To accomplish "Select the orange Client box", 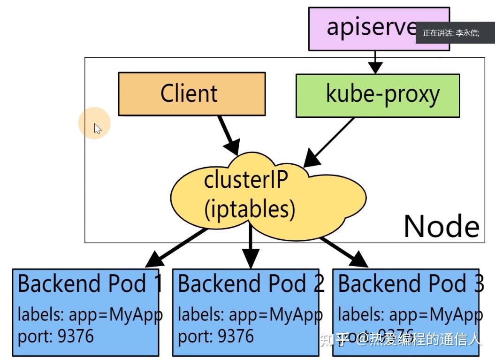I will pyautogui.click(x=191, y=93).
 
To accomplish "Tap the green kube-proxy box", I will pyautogui.click(x=378, y=95).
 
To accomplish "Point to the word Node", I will pyautogui.click(x=441, y=226).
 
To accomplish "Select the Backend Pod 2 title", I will pyautogui.click(x=251, y=283).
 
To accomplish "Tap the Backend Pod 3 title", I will pyautogui.click(x=411, y=283).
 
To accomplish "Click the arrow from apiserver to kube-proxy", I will pyautogui.click(x=374, y=61).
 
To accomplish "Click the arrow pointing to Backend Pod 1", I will pyautogui.click(x=176, y=248).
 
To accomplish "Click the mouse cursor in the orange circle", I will pyautogui.click(x=97, y=128).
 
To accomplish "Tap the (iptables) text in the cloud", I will pyautogui.click(x=250, y=210).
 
